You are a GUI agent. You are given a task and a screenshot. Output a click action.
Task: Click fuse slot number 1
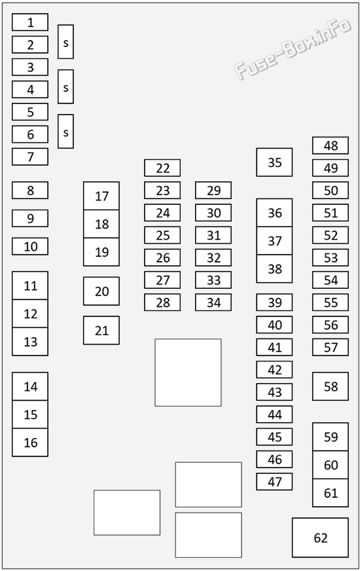pos(30,22)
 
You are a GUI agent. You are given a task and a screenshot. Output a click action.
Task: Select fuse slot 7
pos(30,157)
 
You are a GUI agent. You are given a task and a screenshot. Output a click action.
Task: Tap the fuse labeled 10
pos(30,246)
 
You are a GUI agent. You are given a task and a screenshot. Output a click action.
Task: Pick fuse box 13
pos(30,342)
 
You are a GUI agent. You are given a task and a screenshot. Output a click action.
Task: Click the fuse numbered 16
pos(30,443)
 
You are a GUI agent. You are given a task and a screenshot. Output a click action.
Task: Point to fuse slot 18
pos(101,224)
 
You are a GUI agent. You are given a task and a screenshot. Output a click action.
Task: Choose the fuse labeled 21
pos(101,330)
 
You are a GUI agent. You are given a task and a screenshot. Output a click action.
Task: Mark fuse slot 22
pos(162,168)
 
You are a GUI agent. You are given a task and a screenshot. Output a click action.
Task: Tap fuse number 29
pos(213,191)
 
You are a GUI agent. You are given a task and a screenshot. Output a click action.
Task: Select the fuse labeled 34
pos(213,303)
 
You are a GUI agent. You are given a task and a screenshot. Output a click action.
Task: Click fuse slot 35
pos(274,162)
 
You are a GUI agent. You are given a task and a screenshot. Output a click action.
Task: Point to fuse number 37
pos(274,241)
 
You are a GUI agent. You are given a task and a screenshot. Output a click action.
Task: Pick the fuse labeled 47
pos(274,482)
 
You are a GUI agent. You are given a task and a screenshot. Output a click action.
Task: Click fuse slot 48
pos(331,145)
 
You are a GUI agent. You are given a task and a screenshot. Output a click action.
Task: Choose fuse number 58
pos(331,386)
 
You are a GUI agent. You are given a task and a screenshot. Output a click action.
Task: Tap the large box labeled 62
pos(320,538)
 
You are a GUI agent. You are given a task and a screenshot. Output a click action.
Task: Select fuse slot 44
pos(274,414)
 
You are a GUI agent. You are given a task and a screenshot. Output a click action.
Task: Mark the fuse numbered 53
pos(331,257)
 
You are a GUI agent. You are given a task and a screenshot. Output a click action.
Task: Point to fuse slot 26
pos(162,257)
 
